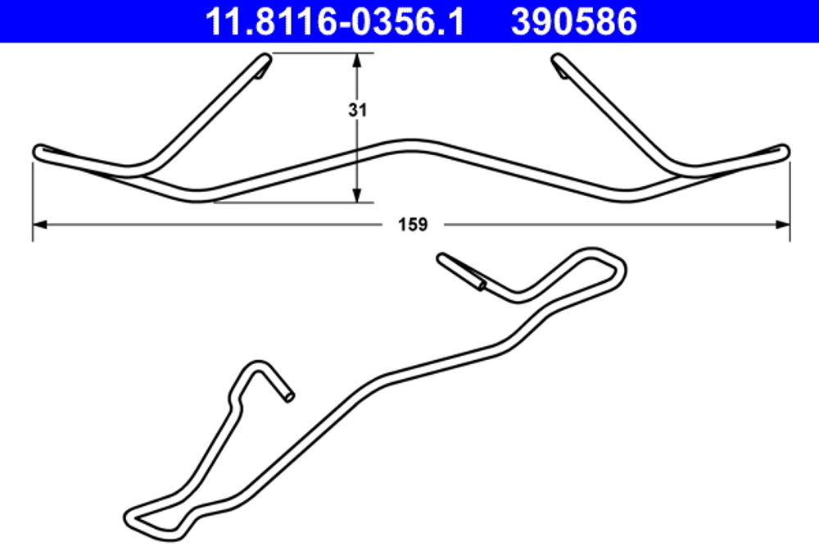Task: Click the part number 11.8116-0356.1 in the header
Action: (x=334, y=21)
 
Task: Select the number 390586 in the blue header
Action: (x=574, y=21)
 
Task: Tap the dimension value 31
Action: (x=356, y=111)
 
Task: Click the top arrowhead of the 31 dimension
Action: (x=357, y=60)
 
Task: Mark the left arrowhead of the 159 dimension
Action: (x=38, y=223)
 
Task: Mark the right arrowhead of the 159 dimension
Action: (x=784, y=223)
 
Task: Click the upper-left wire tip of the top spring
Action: (x=265, y=59)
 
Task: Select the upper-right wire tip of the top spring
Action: (x=558, y=60)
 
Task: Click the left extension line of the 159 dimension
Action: (x=33, y=201)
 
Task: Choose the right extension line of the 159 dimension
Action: (x=790, y=201)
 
